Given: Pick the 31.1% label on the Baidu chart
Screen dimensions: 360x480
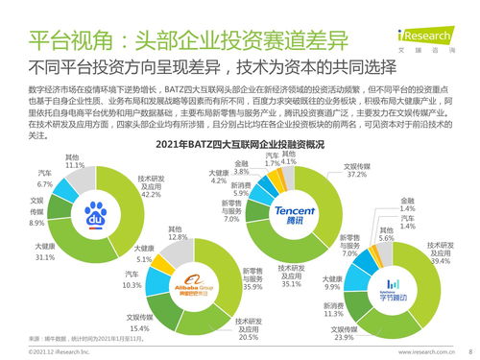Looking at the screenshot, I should click(x=44, y=257).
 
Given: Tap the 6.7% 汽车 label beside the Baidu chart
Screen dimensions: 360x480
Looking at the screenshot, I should click(x=45, y=183).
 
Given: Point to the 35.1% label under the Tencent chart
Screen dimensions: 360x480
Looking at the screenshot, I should click(x=290, y=283).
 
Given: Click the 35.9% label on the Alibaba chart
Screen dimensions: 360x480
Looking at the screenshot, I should click(x=253, y=286).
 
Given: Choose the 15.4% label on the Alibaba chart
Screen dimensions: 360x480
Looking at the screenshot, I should click(x=138, y=328).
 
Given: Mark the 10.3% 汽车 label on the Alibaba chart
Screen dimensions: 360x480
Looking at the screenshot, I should click(x=132, y=285).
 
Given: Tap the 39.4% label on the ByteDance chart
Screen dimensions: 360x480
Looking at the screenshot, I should click(x=441, y=260).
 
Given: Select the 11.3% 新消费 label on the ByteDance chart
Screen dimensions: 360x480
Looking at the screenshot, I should click(x=332, y=313).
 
